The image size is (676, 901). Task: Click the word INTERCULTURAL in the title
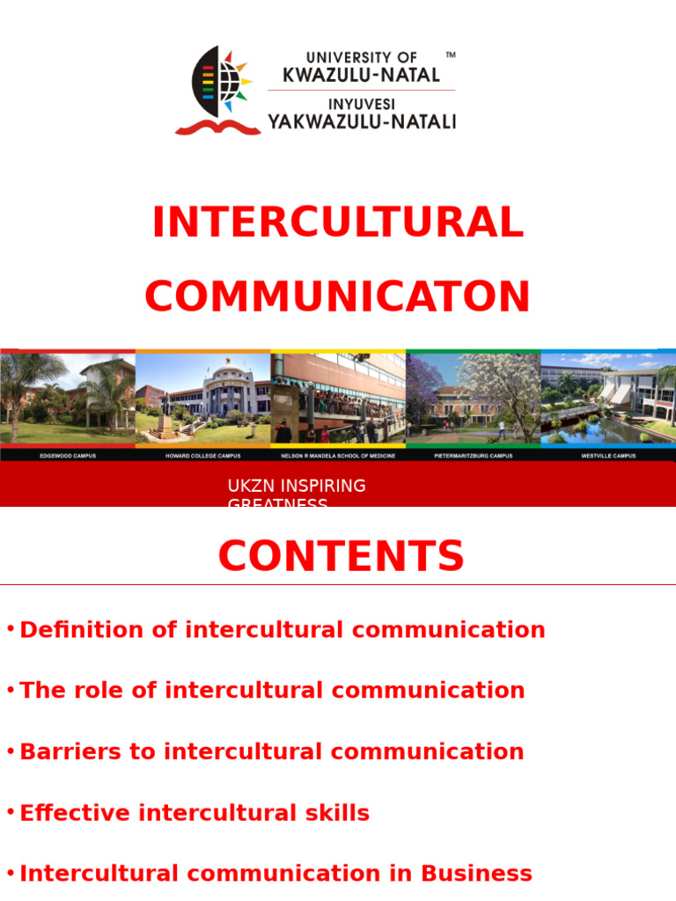pos(338,223)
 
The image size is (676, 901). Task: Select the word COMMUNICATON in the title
pos(338,297)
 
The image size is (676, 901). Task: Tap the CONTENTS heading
pos(341,557)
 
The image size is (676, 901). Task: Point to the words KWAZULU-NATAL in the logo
pos(361,75)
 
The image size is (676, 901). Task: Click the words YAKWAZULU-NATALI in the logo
pos(362,121)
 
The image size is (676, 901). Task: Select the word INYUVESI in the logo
pos(362,104)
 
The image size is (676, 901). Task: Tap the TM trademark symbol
pos(451,55)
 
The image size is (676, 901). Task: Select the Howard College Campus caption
pos(202,456)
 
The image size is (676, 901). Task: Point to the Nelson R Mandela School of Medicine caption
pos(338,456)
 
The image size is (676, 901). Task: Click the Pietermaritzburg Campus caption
pos(474,456)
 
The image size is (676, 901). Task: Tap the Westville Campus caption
pos(607,456)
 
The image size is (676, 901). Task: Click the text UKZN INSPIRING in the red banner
pos(297,487)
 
